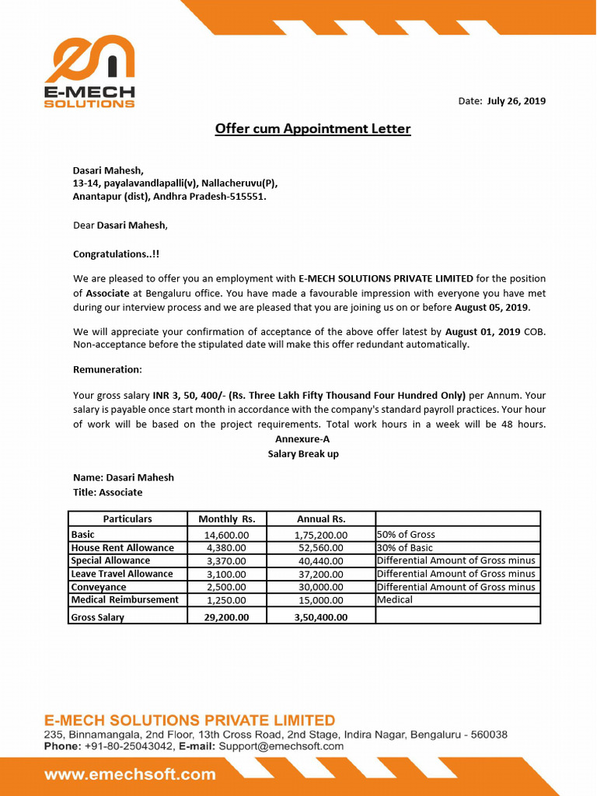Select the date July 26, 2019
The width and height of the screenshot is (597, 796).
pyautogui.click(x=516, y=101)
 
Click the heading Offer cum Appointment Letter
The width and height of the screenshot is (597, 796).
pyautogui.click(x=312, y=129)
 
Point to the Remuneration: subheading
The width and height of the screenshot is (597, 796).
pyautogui.click(x=107, y=369)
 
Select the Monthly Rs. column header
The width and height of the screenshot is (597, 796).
pyautogui.click(x=226, y=518)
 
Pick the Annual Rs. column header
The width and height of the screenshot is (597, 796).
pyautogui.click(x=321, y=518)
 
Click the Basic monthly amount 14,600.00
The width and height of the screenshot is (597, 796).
pyautogui.click(x=226, y=535)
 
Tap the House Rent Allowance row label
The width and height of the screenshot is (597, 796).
pyautogui.click(x=122, y=548)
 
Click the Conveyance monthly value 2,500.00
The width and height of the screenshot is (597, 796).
pyautogui.click(x=226, y=588)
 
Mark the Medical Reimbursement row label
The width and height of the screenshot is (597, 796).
pyautogui.click(x=124, y=600)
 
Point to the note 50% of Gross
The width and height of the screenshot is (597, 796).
pyautogui.click(x=406, y=535)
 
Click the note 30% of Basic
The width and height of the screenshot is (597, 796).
pyautogui.click(x=404, y=548)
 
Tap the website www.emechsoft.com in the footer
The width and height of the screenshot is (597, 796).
pyautogui.click(x=130, y=774)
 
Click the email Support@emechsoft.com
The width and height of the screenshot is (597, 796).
pyautogui.click(x=281, y=746)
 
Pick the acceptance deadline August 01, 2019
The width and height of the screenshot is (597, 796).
pyautogui.click(x=483, y=332)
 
